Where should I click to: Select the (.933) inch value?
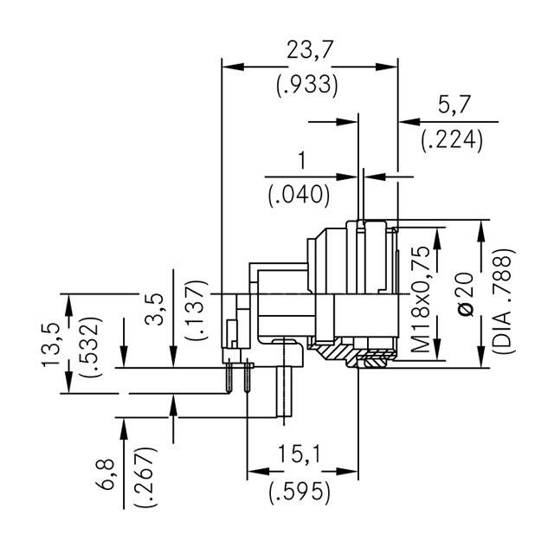[x=307, y=86]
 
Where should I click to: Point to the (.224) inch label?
[x=452, y=140]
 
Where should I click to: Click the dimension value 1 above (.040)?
[x=301, y=160]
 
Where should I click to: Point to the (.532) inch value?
[x=87, y=344]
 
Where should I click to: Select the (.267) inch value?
[x=143, y=475]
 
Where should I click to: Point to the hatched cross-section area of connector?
[x=333, y=353]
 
